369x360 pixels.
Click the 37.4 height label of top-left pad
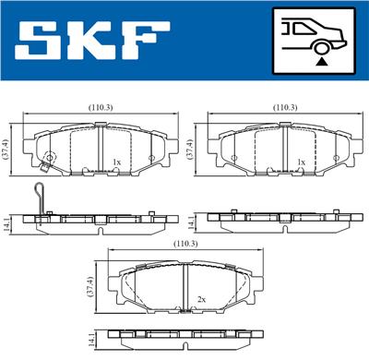[x=7, y=147]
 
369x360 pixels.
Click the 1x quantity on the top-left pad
[x=116, y=162]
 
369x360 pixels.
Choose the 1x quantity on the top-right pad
[x=301, y=162]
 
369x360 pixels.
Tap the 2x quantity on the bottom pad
[x=201, y=299]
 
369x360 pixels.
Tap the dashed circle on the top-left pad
[x=50, y=158]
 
